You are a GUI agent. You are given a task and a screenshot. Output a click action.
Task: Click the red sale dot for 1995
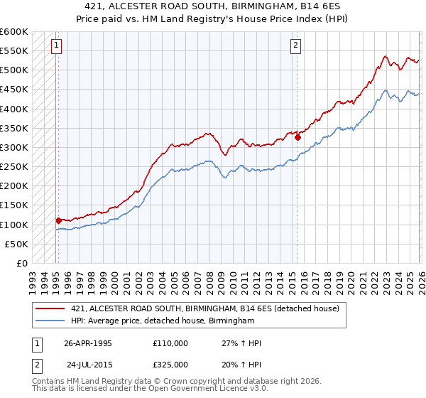point(58,221)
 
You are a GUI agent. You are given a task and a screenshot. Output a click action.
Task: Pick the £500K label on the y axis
point(14,70)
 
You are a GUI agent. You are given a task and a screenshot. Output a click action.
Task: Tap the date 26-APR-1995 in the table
point(88,343)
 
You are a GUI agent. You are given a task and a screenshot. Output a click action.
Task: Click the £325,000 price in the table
point(170,364)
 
